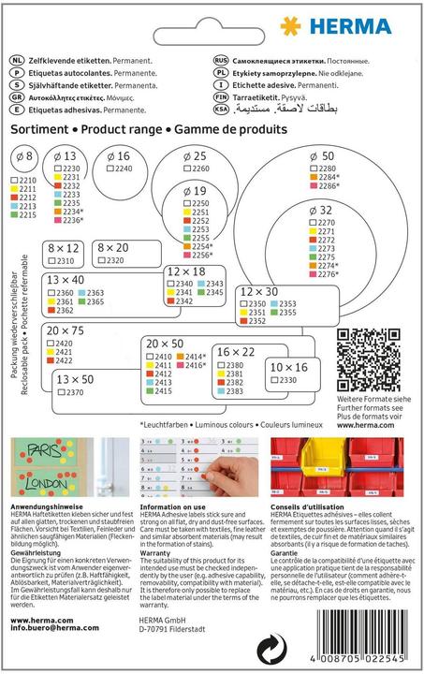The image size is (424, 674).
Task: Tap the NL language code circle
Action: click(16, 56)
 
